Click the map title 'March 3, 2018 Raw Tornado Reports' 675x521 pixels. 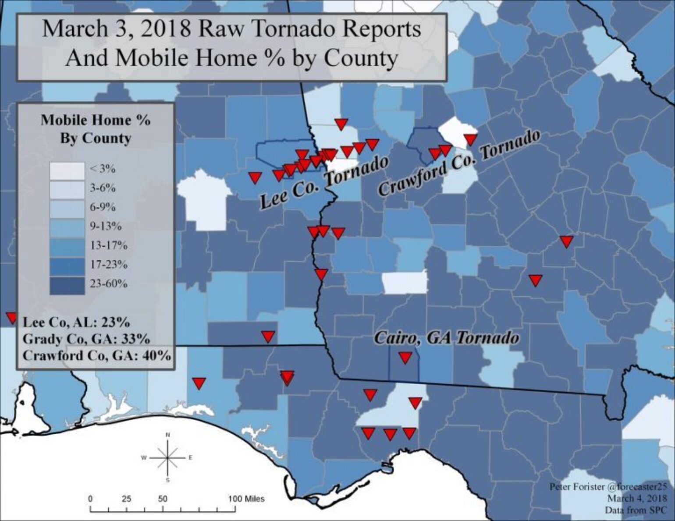[232, 30]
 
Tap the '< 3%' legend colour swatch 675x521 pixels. [67, 170]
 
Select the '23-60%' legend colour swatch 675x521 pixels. [67, 285]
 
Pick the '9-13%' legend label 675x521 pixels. [106, 227]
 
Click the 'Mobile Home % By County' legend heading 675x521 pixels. [96, 129]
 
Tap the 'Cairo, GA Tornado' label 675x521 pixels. [446, 338]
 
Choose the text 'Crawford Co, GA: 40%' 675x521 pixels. [96, 355]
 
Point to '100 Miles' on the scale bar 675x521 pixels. [246, 499]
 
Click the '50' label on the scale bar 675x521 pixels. [163, 499]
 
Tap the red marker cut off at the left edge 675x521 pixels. [10, 317]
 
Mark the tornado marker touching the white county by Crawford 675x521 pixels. [470, 140]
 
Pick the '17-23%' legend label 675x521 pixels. [109, 265]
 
